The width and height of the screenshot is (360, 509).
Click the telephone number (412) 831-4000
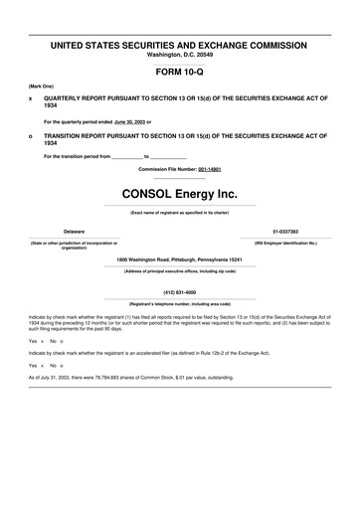[179, 292]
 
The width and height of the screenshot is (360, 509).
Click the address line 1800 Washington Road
[179, 259]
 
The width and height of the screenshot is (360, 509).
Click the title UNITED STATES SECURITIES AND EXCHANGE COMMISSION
[179, 45]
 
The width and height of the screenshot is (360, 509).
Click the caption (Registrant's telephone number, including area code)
[179, 303]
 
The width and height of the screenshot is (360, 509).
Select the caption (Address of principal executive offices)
[179, 270]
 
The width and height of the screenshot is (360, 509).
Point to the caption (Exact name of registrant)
[179, 212]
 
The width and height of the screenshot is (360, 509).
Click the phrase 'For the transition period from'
[77, 157]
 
